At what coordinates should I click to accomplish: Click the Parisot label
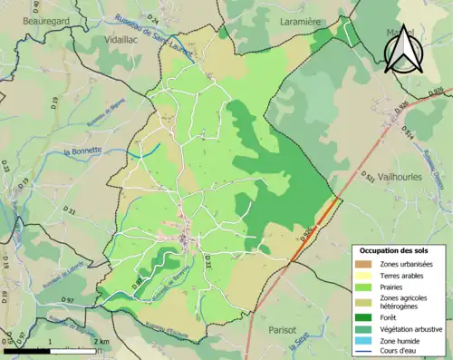[282, 331]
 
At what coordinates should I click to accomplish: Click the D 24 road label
[152, 19]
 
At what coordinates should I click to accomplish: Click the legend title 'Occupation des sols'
[394, 250]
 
